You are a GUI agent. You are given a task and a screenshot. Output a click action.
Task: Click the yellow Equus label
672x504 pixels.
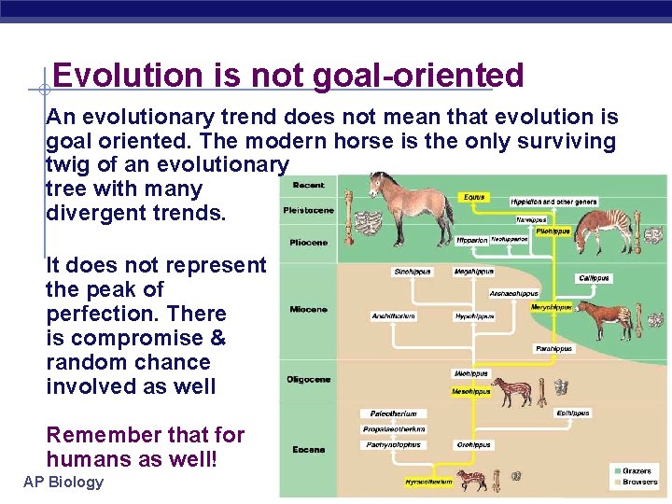(474, 198)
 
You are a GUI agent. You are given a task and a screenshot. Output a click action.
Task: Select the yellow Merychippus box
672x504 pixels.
(550, 306)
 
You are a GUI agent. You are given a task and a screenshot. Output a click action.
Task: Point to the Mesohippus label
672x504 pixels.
(471, 392)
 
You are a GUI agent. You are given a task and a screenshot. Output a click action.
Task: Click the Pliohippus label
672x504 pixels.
(553, 231)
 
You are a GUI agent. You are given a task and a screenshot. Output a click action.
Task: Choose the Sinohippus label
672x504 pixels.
(412, 273)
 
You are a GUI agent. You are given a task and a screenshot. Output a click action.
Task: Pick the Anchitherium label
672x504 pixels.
(393, 315)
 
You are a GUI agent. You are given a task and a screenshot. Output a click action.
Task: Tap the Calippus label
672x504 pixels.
(594, 278)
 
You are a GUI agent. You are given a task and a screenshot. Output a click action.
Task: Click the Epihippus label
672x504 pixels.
(572, 413)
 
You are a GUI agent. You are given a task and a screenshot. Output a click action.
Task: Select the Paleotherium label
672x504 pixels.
(393, 413)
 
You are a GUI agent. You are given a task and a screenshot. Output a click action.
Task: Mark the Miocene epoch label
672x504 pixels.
(308, 310)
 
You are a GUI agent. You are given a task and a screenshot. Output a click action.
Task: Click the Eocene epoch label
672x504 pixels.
(308, 450)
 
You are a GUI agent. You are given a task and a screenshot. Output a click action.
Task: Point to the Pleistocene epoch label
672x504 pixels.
(308, 211)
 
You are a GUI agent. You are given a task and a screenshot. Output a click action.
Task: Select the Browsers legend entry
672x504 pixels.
(639, 483)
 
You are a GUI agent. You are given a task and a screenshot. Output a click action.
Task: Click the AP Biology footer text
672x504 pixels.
(63, 483)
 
